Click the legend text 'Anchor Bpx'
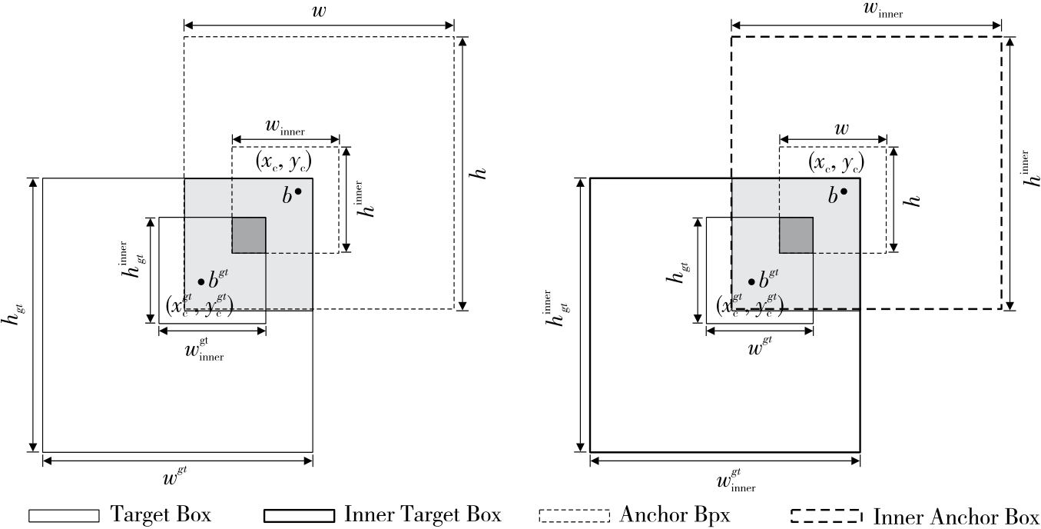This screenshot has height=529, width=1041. (675, 514)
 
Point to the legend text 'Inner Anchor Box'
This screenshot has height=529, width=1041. (955, 514)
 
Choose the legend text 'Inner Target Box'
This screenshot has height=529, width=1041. (423, 514)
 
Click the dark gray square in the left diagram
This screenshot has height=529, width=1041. (249, 235)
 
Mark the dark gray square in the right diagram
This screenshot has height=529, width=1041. (796, 235)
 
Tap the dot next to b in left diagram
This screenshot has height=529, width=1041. (298, 191)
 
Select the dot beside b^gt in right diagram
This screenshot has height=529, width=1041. (751, 282)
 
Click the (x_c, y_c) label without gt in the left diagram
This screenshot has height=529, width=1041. (282, 163)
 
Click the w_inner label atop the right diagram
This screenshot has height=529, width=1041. (867, 11)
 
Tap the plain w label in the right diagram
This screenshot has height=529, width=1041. (841, 128)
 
